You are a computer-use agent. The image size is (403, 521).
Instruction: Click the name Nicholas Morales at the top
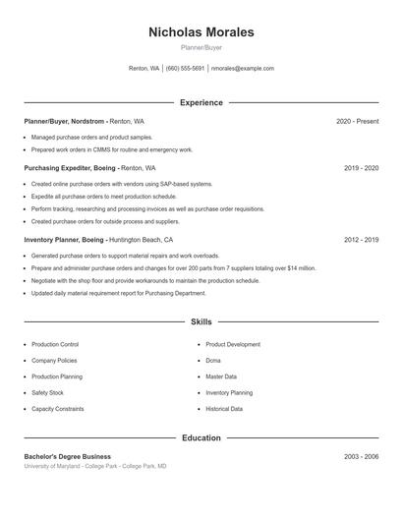201,32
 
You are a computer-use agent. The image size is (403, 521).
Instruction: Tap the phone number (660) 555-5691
185,69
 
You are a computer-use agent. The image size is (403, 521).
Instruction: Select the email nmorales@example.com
242,69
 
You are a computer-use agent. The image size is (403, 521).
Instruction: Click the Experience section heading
201,102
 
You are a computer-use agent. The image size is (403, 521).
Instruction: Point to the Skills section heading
201,321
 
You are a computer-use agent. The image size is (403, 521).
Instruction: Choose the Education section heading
201,437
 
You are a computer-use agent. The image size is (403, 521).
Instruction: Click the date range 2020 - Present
357,121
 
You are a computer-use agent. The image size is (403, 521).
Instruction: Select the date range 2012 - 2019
361,240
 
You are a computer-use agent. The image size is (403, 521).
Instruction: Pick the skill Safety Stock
48,392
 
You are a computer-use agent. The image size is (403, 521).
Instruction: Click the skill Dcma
213,361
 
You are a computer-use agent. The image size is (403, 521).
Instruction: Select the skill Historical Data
224,408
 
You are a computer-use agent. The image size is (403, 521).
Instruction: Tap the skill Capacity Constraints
58,408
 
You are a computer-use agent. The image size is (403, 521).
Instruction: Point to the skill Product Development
233,345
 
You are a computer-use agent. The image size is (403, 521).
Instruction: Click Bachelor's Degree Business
68,456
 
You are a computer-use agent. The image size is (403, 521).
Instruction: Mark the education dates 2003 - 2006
361,456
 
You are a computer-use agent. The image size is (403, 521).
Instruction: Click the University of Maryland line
95,466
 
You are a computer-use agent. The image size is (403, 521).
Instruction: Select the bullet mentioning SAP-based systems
121,184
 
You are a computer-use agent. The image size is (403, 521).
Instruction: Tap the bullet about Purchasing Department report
118,293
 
